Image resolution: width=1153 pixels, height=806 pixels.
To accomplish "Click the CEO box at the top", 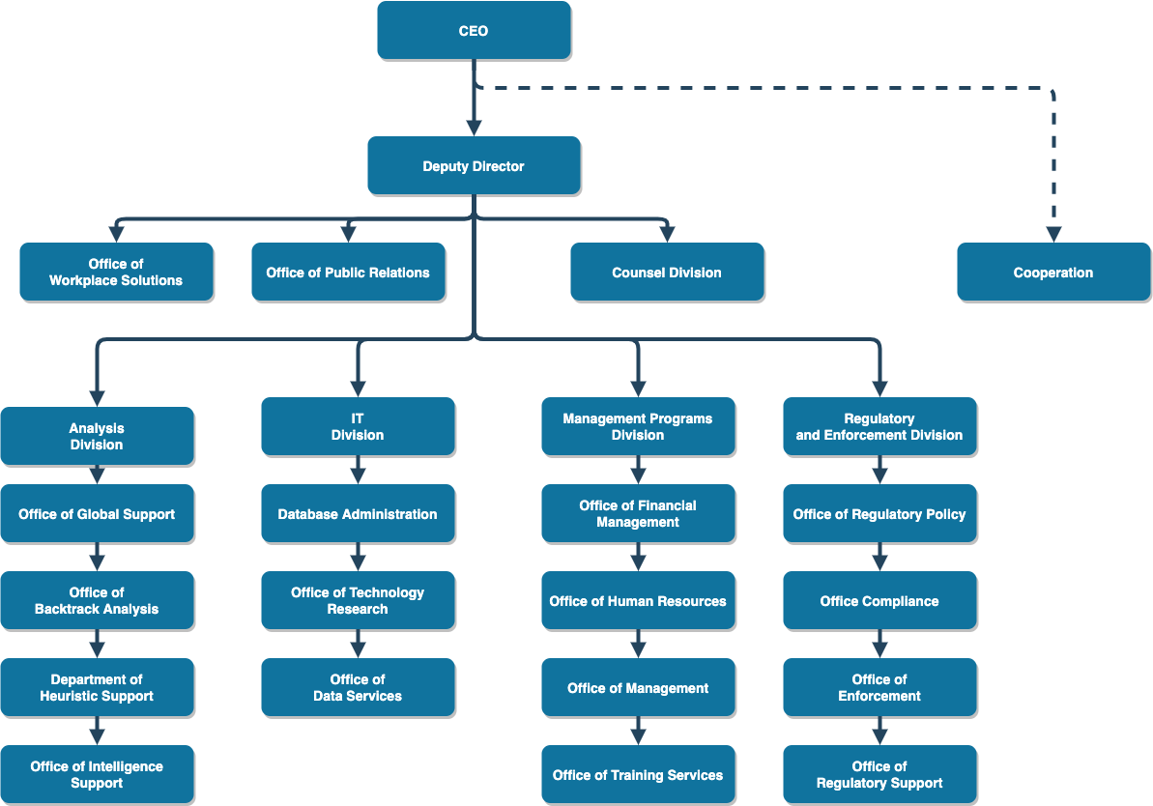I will click(474, 31).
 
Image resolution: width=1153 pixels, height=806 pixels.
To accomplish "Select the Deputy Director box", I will click(474, 166).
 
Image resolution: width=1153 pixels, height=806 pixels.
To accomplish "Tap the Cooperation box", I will click(1053, 273).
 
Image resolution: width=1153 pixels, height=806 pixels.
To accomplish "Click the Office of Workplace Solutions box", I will click(116, 273).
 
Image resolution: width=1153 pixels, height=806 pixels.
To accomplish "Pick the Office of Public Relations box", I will click(348, 273).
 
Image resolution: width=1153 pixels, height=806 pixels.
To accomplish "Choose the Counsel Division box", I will click(667, 273).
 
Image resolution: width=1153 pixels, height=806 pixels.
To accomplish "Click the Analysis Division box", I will click(97, 437).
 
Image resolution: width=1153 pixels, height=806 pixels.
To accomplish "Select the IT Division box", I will click(358, 427).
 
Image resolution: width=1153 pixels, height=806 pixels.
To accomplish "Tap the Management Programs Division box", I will click(638, 427).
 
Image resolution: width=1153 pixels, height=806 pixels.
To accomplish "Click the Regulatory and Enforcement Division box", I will click(879, 427).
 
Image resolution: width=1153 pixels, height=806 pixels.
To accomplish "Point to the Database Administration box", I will click(358, 514).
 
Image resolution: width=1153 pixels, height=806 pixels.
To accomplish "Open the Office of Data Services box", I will click(358, 688).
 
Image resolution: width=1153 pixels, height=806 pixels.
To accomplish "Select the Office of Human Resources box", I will click(638, 601).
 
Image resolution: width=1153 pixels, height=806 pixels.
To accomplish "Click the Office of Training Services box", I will click(638, 775).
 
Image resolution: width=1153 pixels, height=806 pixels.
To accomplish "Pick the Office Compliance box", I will click(879, 601).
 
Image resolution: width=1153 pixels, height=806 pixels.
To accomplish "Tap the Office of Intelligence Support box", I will click(97, 775).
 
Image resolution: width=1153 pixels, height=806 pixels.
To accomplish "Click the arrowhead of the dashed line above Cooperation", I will click(1053, 234).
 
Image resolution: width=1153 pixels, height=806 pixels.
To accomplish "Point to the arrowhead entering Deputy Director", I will click(474, 128).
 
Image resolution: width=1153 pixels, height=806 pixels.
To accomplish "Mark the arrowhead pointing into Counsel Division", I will click(667, 234).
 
